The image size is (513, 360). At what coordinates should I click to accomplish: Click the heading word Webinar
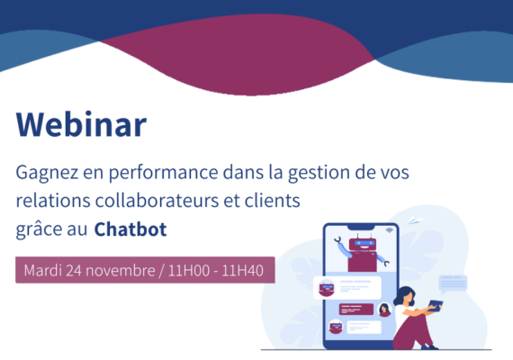tap(81, 124)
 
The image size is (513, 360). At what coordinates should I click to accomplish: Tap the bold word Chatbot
tap(130, 229)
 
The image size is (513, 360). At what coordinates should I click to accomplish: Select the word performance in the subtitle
tap(163, 173)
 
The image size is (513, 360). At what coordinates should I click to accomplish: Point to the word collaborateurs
tap(157, 201)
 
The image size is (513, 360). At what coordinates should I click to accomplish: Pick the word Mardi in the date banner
tap(43, 271)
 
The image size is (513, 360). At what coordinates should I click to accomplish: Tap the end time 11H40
tap(242, 271)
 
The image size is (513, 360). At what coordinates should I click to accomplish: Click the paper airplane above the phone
tap(415, 220)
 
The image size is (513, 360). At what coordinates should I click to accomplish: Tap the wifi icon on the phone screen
tap(389, 230)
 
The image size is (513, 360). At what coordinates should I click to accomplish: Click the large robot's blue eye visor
tap(364, 243)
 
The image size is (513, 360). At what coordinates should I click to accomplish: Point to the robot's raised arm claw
tap(338, 240)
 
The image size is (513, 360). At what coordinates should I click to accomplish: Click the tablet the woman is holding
tap(435, 305)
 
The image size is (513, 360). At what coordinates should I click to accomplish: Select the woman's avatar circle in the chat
tap(385, 310)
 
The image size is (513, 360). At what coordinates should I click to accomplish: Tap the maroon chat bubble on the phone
tap(356, 309)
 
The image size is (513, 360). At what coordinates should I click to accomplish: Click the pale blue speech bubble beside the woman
tap(453, 283)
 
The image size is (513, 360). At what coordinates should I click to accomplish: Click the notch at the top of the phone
tap(361, 227)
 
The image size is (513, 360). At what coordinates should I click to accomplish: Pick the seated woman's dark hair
tap(402, 295)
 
